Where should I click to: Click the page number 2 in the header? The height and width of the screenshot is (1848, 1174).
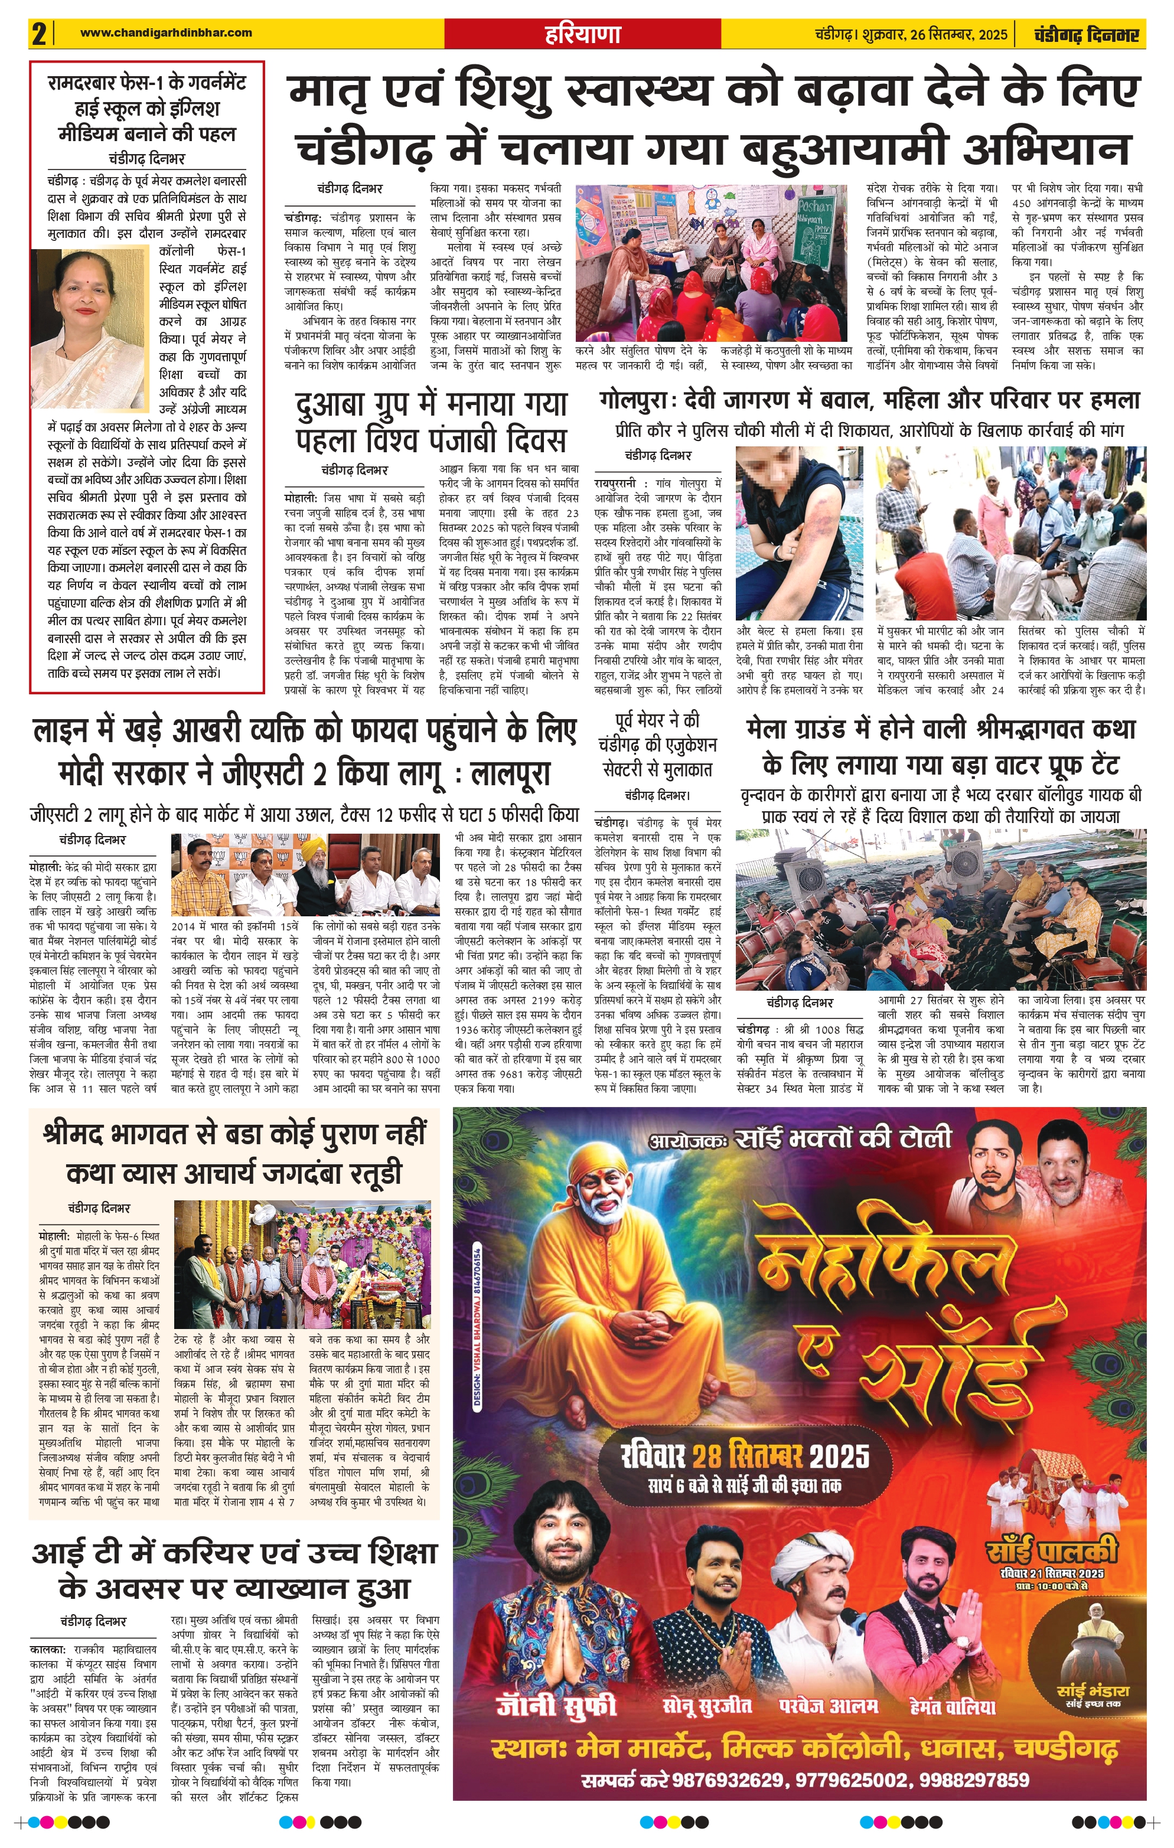pyautogui.click(x=39, y=34)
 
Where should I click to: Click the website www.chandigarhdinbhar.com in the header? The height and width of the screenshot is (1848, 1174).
pyautogui.click(x=165, y=32)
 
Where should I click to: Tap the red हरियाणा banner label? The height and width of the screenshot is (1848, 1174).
pyautogui.click(x=582, y=34)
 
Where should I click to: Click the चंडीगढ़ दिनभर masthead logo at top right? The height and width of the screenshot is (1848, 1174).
pyautogui.click(x=1085, y=34)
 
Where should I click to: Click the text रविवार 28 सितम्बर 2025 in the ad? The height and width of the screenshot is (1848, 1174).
pyautogui.click(x=745, y=1455)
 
